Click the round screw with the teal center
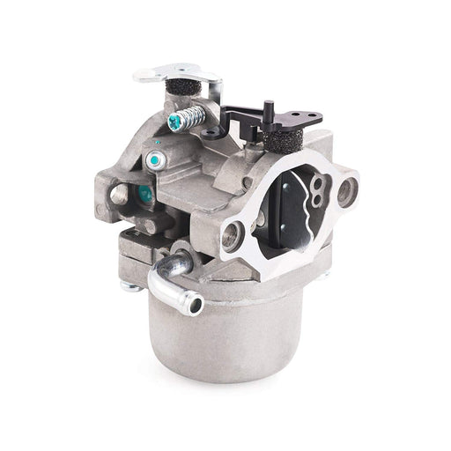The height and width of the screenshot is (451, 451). [x=155, y=162]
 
